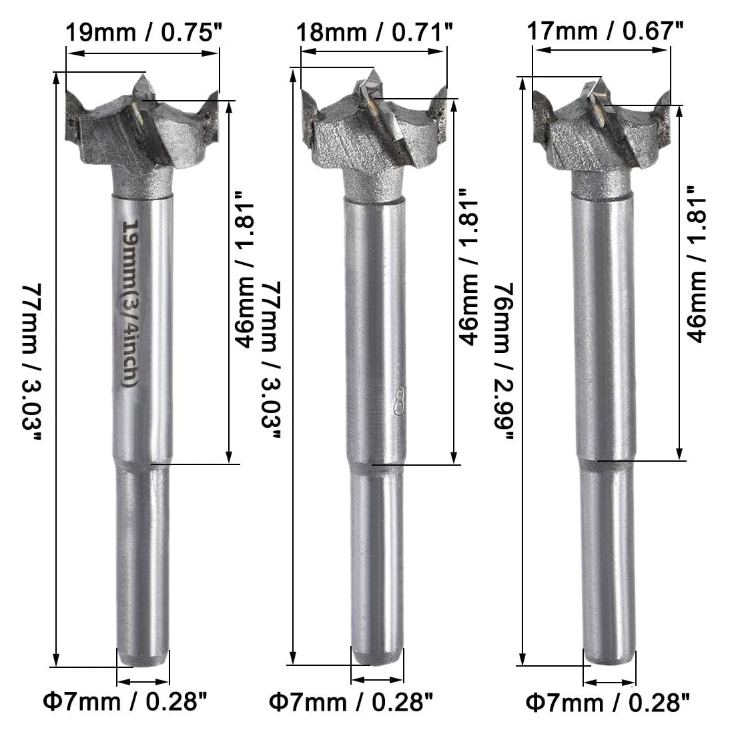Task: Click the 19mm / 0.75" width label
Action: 143,33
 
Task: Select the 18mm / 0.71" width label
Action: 374,33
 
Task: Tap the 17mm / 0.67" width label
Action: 605,31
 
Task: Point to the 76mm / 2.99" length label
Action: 504,361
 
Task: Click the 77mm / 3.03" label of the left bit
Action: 31,362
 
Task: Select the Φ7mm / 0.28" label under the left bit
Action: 125,702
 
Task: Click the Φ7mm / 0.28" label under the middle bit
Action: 351,702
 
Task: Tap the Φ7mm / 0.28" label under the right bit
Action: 608,703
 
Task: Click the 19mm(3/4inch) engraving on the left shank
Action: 129,304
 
